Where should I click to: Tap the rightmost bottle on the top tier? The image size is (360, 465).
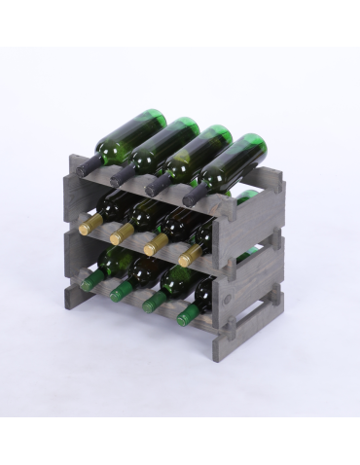tap(234, 159)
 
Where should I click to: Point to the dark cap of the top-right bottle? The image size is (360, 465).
tap(190, 201)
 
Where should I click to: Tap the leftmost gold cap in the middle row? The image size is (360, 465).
tap(85, 226)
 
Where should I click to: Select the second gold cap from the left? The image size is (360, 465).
tap(118, 235)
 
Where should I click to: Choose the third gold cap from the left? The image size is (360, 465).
tap(151, 246)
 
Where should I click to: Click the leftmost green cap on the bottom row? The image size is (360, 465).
tap(87, 284)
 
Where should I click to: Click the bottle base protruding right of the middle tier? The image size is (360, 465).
tap(245, 198)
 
